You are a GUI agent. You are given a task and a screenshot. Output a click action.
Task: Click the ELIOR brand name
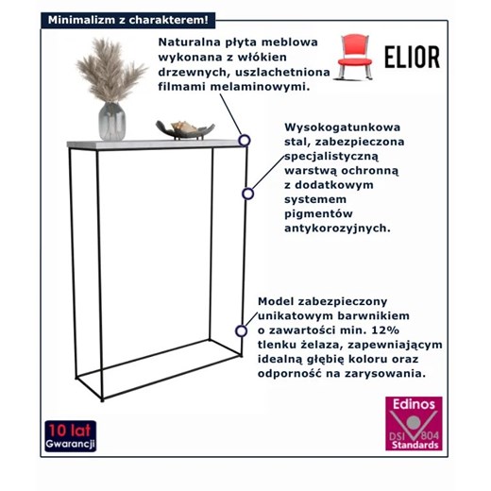[x=411, y=57]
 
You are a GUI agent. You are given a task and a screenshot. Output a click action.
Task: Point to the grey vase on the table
[x=111, y=121]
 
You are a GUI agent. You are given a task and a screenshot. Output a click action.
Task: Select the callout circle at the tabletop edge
[x=244, y=140]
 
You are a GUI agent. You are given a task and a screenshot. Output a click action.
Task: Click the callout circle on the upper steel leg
[x=247, y=194]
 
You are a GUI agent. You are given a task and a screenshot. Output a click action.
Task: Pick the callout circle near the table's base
[x=242, y=330]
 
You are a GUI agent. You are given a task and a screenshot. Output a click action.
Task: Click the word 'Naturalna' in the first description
[x=186, y=42]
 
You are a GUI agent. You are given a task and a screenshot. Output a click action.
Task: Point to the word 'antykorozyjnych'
[x=336, y=228]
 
